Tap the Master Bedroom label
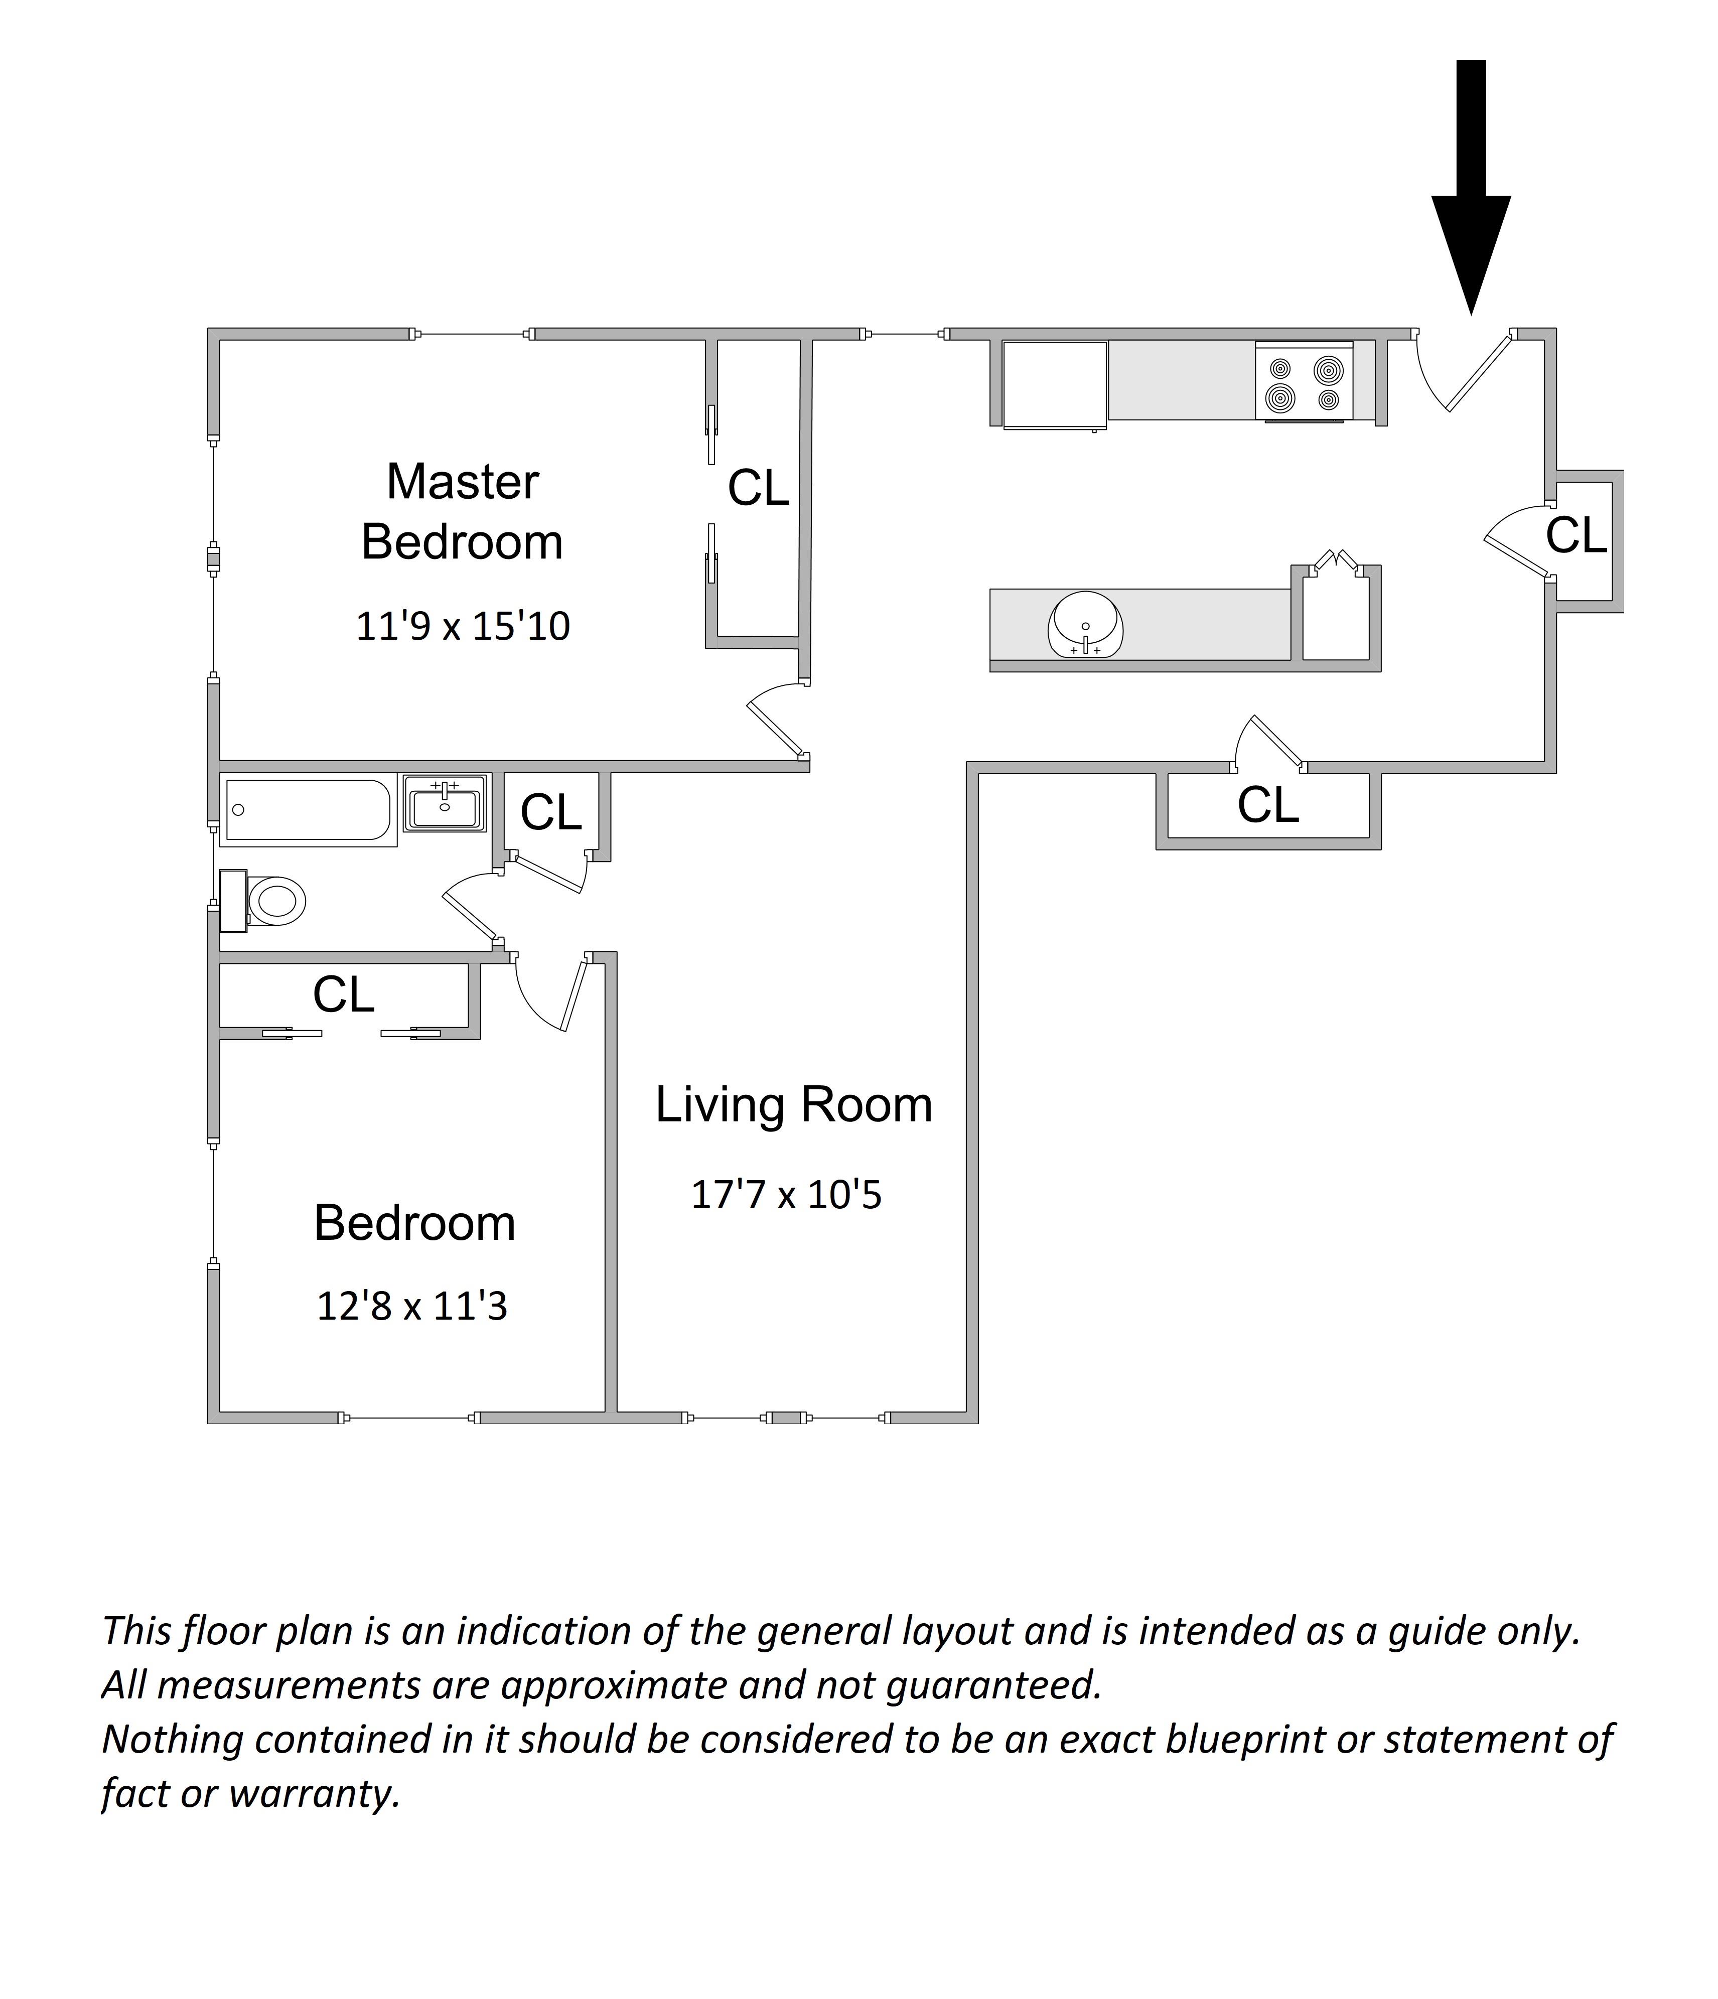(x=462, y=511)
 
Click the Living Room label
(x=794, y=1105)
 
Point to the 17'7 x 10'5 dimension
(x=786, y=1194)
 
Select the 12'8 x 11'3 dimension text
(x=412, y=1306)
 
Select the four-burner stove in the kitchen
(x=1303, y=382)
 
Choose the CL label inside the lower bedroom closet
(x=343, y=994)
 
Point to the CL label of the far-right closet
(x=1576, y=535)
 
